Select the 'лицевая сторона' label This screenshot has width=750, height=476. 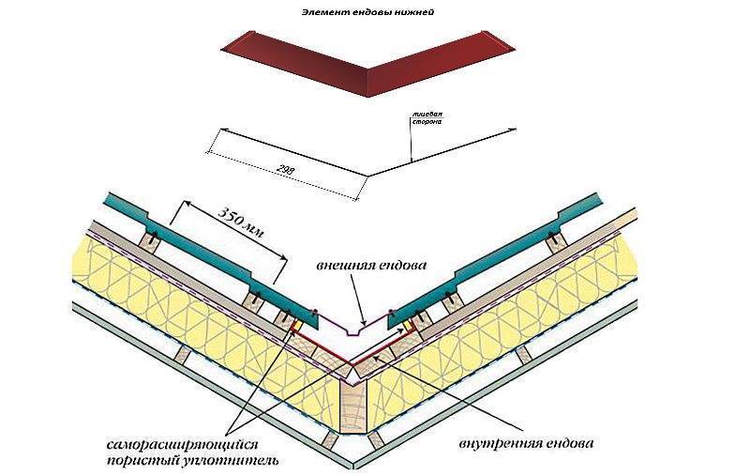[427, 117]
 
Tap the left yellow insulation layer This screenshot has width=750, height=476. [187, 319]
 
